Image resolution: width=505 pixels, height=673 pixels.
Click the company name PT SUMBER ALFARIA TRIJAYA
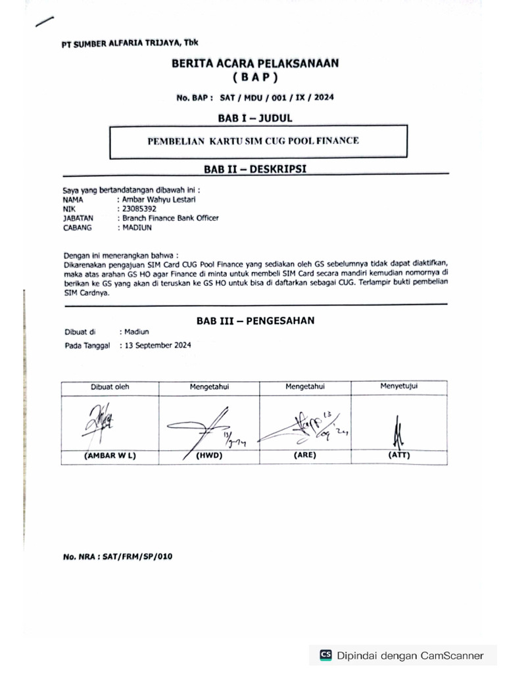click(130, 43)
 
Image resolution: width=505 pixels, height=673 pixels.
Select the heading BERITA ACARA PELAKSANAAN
click(254, 64)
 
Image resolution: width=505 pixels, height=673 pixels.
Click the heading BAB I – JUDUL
click(254, 118)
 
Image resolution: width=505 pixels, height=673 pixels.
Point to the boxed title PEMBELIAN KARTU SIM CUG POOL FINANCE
click(253, 141)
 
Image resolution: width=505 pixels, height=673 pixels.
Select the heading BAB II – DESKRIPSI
click(254, 169)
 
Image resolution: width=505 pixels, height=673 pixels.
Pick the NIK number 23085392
click(137, 209)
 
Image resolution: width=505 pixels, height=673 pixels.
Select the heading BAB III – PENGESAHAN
click(255, 321)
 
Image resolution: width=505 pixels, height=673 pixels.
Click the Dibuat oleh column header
click(110, 387)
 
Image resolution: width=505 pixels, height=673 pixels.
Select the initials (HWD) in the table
click(210, 455)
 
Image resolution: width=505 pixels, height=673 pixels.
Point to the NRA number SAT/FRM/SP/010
click(118, 557)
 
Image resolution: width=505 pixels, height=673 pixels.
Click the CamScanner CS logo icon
click(325, 655)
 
